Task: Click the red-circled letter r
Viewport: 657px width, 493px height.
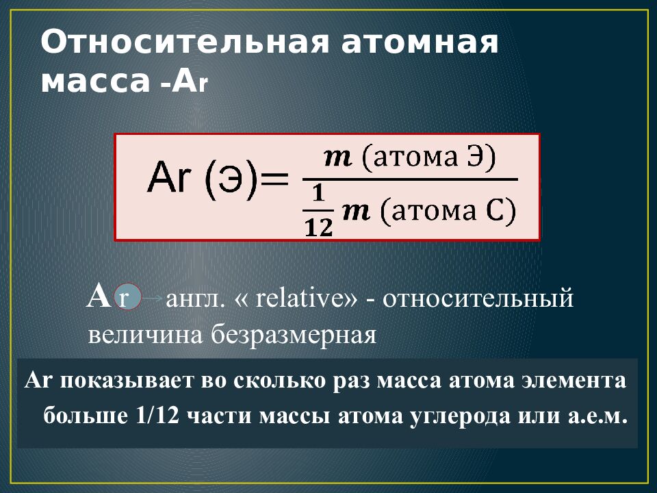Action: point(125,299)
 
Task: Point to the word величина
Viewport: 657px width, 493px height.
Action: point(143,335)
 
